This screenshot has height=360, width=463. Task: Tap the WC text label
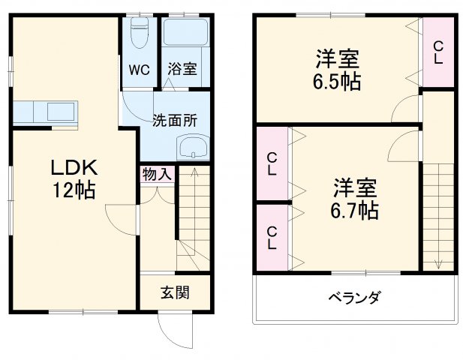click(140, 70)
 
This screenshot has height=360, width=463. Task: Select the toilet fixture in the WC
click(140, 34)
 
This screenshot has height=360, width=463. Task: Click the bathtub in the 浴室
click(184, 34)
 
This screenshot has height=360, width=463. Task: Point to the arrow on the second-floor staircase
click(438, 262)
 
